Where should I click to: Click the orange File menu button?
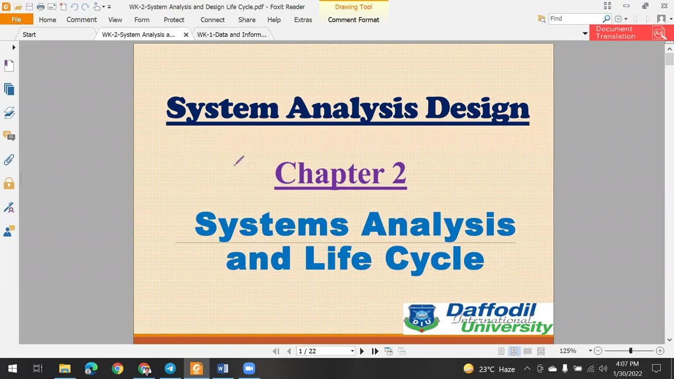coord(16,19)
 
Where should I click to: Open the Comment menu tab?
coord(82,19)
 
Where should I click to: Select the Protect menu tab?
coord(174,19)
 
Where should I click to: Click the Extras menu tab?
coord(303,19)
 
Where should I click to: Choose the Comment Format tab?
coord(353,19)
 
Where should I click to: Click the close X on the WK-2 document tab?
coord(186,35)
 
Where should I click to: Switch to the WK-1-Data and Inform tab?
coord(232,35)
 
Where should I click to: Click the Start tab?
coord(29,35)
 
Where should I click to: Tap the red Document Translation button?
coord(628,33)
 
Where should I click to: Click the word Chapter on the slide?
coord(329,173)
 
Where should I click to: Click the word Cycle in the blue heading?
coord(434,258)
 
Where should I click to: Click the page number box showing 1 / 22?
coord(325,351)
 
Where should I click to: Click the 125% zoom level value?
coord(568,351)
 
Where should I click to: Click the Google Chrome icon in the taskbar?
coord(117,368)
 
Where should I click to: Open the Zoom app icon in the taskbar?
coord(249,368)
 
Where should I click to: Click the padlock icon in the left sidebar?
coord(9,183)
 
